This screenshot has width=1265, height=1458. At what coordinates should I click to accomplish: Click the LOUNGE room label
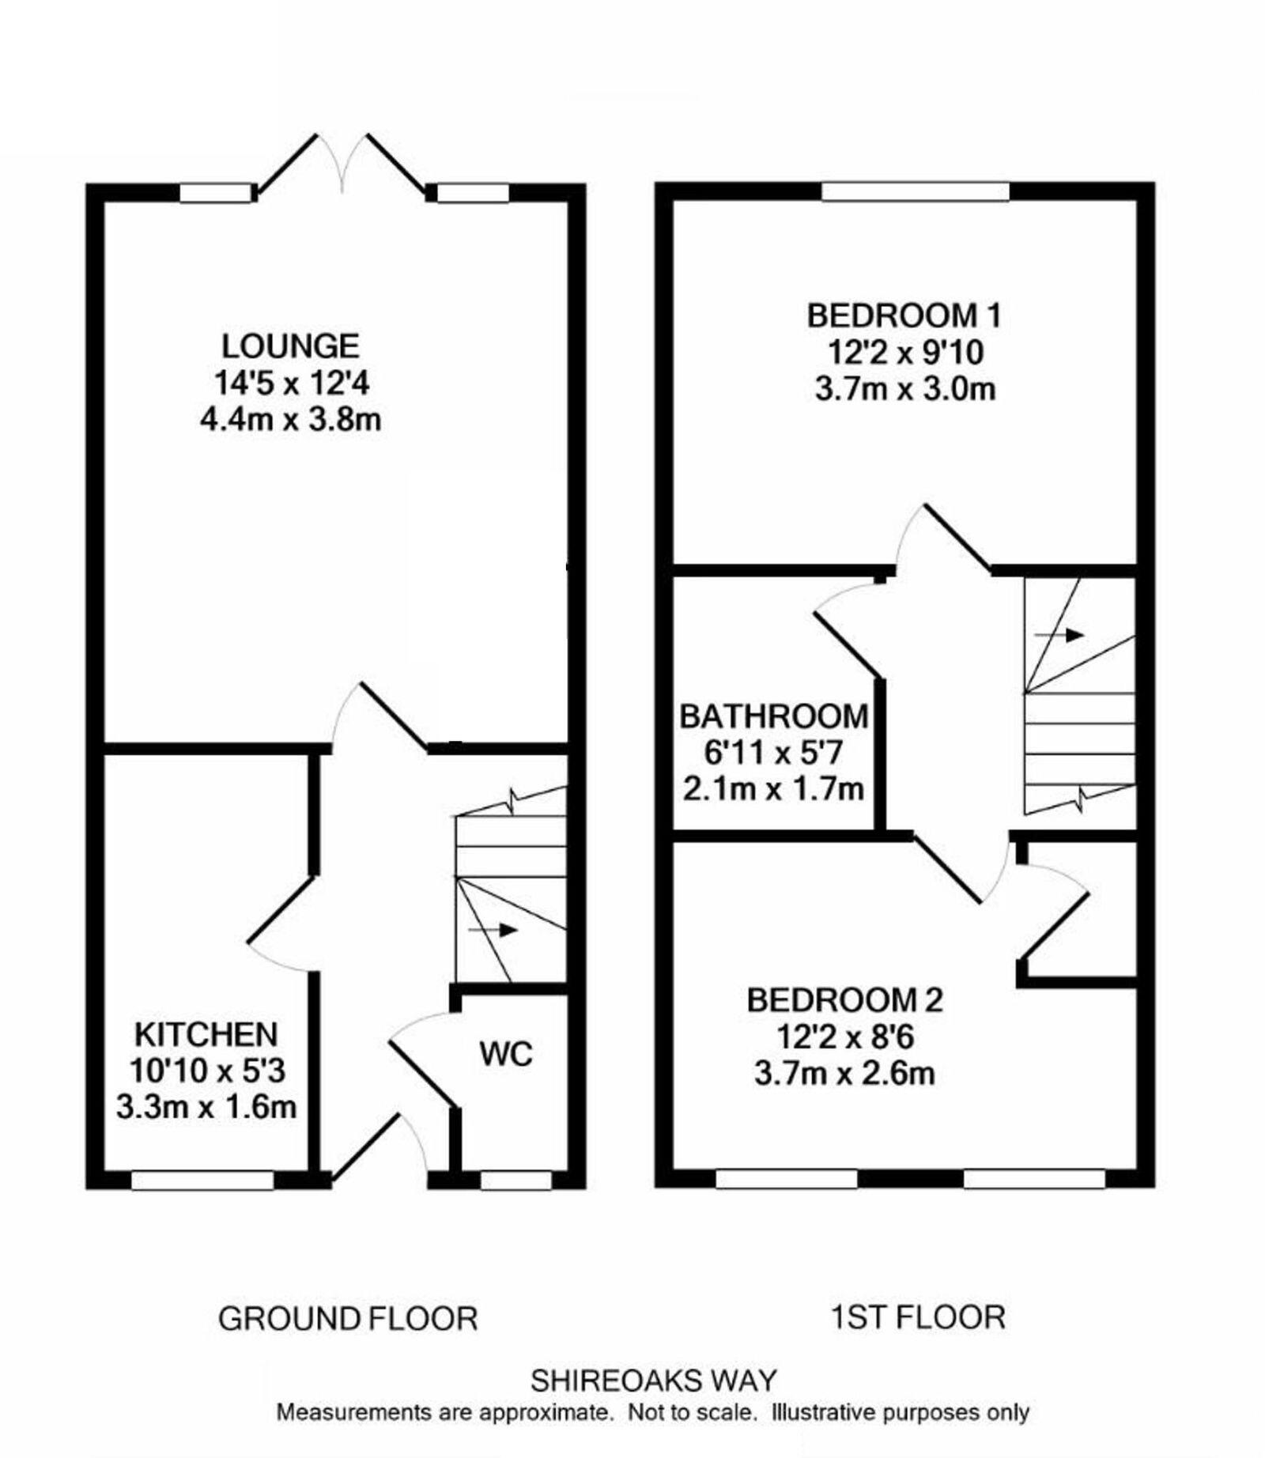point(290,346)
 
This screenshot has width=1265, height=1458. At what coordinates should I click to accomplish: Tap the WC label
point(506,1054)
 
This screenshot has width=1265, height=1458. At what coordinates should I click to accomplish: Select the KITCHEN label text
point(206,1035)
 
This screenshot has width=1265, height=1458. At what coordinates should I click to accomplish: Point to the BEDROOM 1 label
point(904,315)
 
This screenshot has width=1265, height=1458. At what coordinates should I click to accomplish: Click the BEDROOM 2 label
point(844,1000)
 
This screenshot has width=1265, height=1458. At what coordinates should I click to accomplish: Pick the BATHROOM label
point(774,716)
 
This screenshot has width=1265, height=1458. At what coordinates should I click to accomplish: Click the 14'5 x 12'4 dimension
point(291,383)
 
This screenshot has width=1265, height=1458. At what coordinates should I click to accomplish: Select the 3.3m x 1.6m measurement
point(206,1107)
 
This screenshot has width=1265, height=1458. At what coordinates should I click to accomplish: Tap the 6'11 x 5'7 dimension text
point(773,753)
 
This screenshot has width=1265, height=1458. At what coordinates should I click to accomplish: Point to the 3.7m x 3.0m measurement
point(904,389)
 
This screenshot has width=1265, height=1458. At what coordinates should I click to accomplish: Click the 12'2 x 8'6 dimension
point(844,1037)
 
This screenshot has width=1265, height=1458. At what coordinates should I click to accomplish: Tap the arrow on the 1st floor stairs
point(1059,635)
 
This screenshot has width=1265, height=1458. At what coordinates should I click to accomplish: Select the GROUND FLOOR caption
point(348,1319)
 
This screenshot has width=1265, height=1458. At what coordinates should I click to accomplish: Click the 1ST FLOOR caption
point(918,1317)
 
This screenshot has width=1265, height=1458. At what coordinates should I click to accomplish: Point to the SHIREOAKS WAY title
point(653,1381)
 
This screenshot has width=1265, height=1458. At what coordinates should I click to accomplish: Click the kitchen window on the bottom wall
point(202,1180)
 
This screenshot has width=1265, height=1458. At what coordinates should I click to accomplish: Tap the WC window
point(515,1180)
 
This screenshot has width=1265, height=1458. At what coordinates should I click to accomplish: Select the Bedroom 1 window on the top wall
point(915,191)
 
